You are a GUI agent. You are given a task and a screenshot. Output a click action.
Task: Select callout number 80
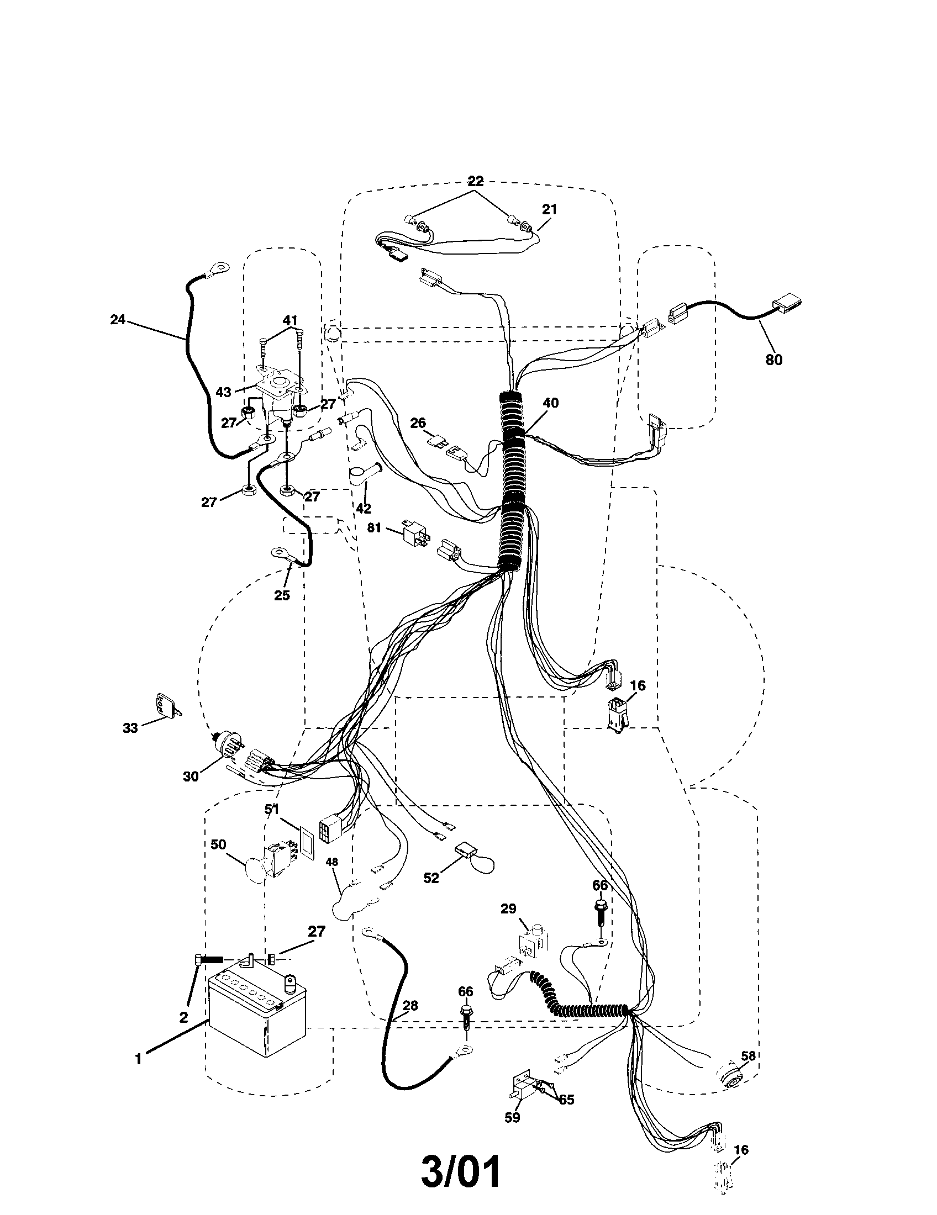773,360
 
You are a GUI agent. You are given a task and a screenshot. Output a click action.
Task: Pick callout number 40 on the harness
550,403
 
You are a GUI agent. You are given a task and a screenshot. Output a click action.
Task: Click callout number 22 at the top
475,181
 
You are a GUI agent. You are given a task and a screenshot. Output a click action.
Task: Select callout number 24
118,320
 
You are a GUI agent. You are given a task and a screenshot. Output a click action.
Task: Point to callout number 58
749,1055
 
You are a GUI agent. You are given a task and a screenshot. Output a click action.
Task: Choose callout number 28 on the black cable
410,1005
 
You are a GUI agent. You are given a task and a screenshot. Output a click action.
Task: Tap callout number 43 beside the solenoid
224,392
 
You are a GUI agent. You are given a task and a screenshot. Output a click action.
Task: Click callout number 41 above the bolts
290,320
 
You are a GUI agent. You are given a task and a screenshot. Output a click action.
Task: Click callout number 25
282,595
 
